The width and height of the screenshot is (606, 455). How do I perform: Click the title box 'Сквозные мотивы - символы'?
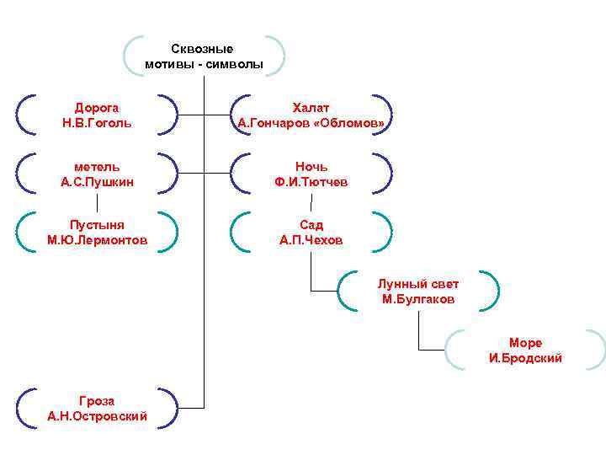pyautogui.click(x=204, y=56)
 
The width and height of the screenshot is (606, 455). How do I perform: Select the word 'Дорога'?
pyautogui.click(x=97, y=108)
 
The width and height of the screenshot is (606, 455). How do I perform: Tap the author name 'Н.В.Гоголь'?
pyautogui.click(x=97, y=123)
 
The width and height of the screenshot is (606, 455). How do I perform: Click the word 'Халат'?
pyautogui.click(x=311, y=108)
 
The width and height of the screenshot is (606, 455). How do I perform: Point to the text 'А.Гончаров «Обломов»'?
pyautogui.click(x=311, y=123)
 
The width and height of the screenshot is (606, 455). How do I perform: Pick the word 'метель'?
pyautogui.click(x=97, y=167)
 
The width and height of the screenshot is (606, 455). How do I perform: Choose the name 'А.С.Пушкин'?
pyautogui.click(x=97, y=182)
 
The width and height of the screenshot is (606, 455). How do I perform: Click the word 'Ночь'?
pyautogui.click(x=311, y=167)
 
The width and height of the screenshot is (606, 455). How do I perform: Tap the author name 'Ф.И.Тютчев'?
pyautogui.click(x=311, y=182)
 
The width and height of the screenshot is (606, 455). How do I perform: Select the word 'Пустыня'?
pyautogui.click(x=97, y=225)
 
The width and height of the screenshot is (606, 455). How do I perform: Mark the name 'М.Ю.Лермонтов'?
pyautogui.click(x=97, y=240)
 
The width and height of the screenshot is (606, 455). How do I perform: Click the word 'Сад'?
pyautogui.click(x=311, y=225)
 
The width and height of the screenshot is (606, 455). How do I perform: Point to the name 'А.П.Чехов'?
pyautogui.click(x=311, y=240)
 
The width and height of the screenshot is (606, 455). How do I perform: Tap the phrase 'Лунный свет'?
pyautogui.click(x=418, y=284)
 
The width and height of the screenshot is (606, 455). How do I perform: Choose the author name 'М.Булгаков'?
pyautogui.click(x=418, y=299)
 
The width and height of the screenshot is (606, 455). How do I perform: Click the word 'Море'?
pyautogui.click(x=525, y=343)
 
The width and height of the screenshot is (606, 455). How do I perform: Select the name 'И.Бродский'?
pyautogui.click(x=525, y=358)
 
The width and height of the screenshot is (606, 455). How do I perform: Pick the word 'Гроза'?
pyautogui.click(x=97, y=401)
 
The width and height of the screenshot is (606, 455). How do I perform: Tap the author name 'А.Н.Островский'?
pyautogui.click(x=97, y=416)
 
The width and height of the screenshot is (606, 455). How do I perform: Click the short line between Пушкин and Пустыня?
pyautogui.click(x=97, y=202)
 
